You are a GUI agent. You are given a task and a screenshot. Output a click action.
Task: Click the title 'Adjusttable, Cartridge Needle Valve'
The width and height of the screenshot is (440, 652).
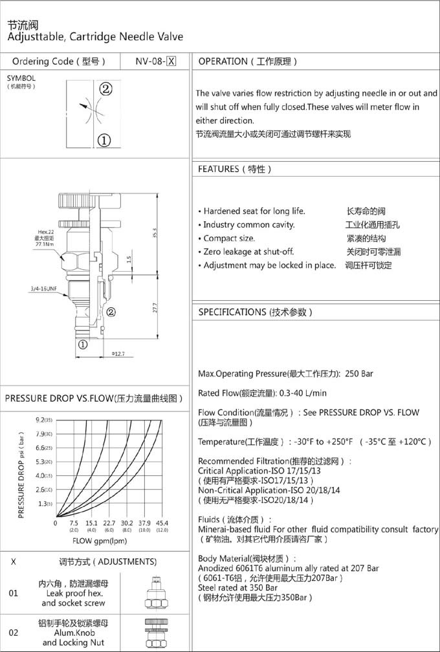point(95,37)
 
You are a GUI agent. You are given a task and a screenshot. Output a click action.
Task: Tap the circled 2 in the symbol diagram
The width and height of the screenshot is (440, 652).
point(105,89)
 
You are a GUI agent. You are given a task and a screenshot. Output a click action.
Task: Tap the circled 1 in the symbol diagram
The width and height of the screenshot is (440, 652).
point(104,139)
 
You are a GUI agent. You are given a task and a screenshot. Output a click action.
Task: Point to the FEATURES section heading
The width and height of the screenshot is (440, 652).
point(234,169)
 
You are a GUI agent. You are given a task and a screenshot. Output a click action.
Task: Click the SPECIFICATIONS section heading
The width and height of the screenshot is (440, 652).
point(255,312)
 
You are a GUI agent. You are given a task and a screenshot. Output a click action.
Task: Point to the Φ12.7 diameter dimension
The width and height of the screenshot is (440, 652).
point(118,353)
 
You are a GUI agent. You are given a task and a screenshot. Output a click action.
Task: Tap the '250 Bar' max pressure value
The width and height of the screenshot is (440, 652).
point(359,374)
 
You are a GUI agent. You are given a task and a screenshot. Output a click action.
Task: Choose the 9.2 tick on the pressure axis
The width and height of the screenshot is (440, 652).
point(44,420)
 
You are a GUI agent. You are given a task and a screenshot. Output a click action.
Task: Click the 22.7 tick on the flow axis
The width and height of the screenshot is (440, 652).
point(109,523)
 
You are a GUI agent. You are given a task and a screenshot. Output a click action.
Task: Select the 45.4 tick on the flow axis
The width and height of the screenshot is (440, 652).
point(162,523)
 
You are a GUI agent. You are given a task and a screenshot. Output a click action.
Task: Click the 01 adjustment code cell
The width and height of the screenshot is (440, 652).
point(14,592)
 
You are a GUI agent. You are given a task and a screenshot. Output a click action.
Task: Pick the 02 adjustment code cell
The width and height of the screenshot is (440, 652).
point(14,633)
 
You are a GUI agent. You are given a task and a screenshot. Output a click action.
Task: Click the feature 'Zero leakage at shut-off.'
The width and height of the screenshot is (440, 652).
point(248,252)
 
